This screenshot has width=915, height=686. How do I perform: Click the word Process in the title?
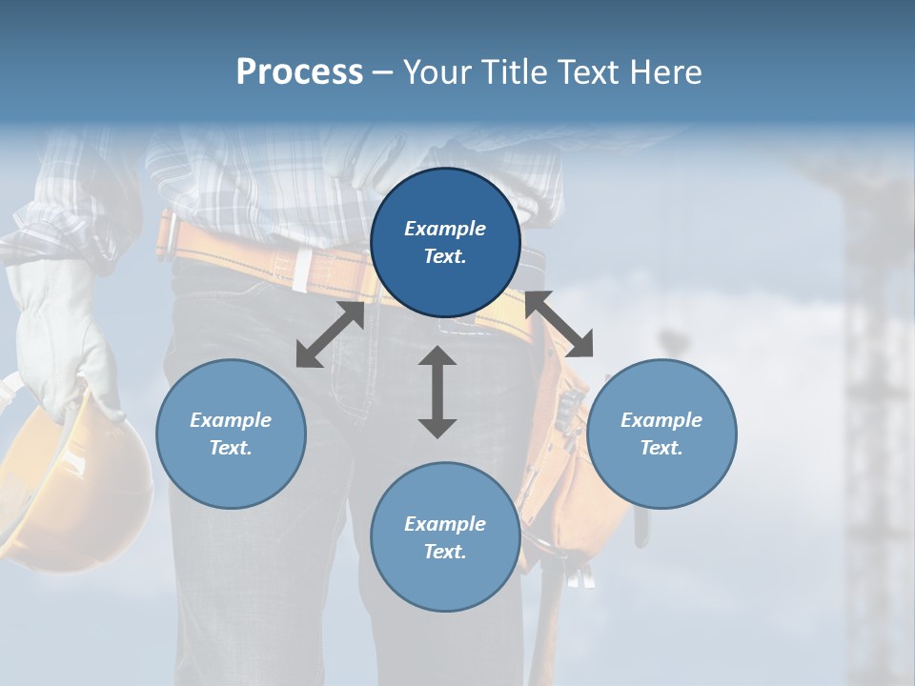(299, 72)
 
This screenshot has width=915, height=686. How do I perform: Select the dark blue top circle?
(445, 243)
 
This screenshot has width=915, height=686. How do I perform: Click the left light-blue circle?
(231, 434)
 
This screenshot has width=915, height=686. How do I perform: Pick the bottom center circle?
(445, 537)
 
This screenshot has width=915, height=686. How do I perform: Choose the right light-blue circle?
(661, 434)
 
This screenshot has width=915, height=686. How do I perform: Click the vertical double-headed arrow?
(437, 392)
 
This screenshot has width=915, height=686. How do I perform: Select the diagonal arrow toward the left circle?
(330, 334)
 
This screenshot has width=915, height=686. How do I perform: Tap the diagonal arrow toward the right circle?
(559, 324)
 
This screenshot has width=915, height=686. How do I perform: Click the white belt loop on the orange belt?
(300, 271)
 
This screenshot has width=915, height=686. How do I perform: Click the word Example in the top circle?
(445, 229)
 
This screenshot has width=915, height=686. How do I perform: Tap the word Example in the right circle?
(661, 420)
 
